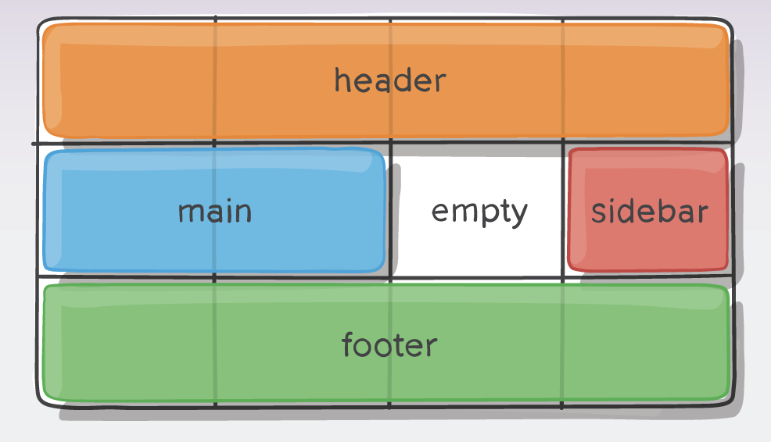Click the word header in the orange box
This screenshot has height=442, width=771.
pos(389,80)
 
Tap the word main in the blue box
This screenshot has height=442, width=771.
pos(215,211)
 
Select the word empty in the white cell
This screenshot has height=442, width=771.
pos(479,212)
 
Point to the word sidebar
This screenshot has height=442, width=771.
pos(649,212)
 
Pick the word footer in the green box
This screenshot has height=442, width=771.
pos(389,344)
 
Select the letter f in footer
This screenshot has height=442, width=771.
pos(348,344)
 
